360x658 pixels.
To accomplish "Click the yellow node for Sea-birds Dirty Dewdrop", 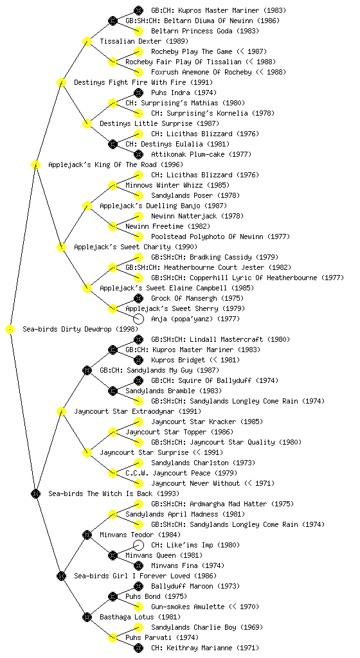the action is (x=10, y=330).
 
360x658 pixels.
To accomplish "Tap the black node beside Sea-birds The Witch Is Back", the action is (x=35, y=494).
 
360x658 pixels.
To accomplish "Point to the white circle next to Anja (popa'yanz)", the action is (x=138, y=319).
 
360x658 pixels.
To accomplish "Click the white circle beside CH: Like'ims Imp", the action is (x=138, y=545).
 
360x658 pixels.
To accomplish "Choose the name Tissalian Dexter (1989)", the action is (x=144, y=42).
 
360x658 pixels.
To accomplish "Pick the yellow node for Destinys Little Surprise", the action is (x=87, y=124).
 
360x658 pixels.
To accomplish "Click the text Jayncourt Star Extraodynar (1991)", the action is (x=138, y=412).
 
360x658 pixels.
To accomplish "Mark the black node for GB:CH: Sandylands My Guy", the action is (x=87, y=371).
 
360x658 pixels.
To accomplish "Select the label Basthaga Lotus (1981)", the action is (x=140, y=618).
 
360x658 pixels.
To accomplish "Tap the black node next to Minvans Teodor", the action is (x=87, y=535).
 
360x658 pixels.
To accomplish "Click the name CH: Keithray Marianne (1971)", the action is (x=205, y=648).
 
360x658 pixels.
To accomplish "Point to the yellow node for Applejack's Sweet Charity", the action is (x=62, y=247).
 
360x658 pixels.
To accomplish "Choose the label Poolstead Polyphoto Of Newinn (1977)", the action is (x=221, y=236).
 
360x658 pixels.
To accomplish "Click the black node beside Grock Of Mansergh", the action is (x=138, y=298).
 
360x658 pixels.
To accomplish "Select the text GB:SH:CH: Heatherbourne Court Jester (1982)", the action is (x=208, y=268).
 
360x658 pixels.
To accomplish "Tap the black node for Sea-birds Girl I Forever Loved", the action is (x=62, y=576).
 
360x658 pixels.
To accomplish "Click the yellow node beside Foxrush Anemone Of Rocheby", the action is (x=138, y=72).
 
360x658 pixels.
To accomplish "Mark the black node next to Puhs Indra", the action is (x=138, y=93).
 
